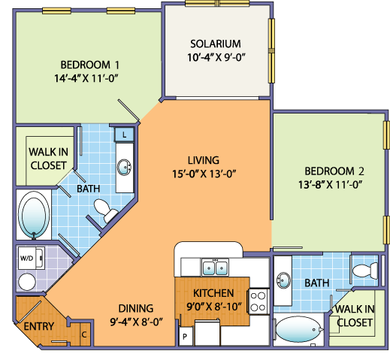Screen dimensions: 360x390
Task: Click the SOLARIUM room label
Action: [x=215, y=43]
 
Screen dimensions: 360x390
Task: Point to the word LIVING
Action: [x=204, y=160]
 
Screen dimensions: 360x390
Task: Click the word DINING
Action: [x=135, y=308]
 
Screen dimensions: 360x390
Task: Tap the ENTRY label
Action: [x=38, y=327]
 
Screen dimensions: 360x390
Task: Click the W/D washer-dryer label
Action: [x=26, y=258]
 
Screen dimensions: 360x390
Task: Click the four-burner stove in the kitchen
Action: [x=258, y=301]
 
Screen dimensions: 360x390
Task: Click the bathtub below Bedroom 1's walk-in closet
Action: [x=33, y=215]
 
